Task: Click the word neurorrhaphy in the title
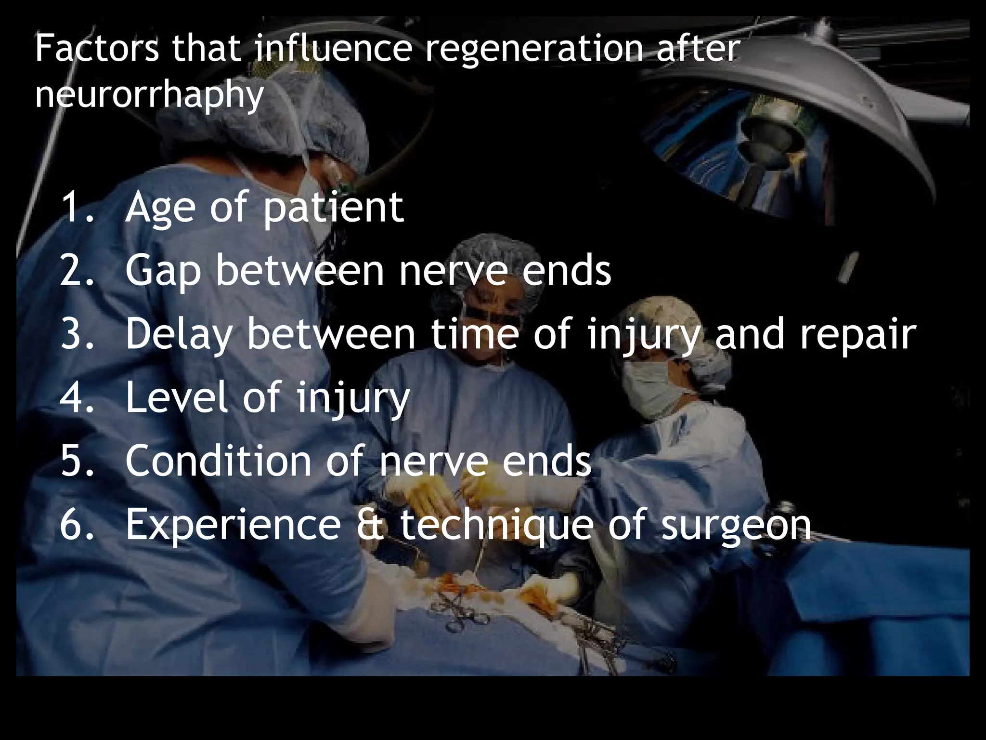point(149,94)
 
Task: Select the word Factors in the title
point(96,49)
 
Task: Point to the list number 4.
point(77,397)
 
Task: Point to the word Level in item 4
point(176,397)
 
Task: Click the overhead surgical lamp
point(790,120)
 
